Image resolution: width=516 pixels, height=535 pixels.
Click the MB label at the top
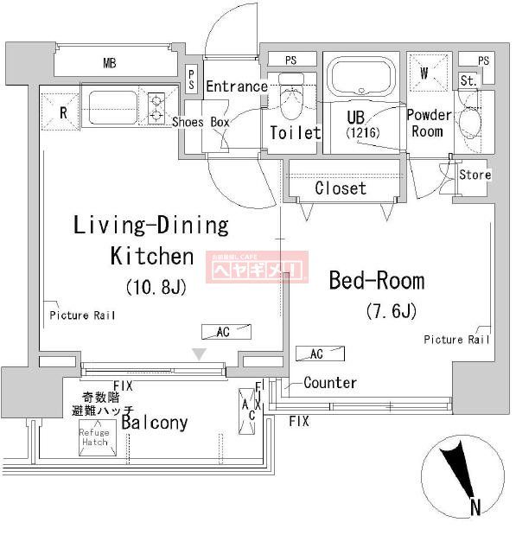(x=110, y=63)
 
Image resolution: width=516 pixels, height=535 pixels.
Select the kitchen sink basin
(x=114, y=109)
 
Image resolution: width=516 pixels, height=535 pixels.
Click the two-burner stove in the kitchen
(x=156, y=108)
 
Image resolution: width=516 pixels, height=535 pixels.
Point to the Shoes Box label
(x=201, y=122)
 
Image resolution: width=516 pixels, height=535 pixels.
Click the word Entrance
(x=236, y=86)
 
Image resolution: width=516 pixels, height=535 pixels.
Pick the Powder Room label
(x=429, y=123)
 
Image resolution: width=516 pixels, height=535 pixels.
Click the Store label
(x=475, y=175)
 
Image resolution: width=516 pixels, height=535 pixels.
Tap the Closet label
(x=340, y=188)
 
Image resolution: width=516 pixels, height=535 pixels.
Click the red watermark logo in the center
(x=255, y=268)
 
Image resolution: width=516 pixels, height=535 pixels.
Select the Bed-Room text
(x=377, y=280)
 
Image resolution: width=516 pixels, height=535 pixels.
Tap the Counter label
(x=330, y=383)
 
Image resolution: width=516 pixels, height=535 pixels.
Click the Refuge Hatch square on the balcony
(x=94, y=438)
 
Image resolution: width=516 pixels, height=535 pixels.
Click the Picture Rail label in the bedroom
(x=456, y=340)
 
